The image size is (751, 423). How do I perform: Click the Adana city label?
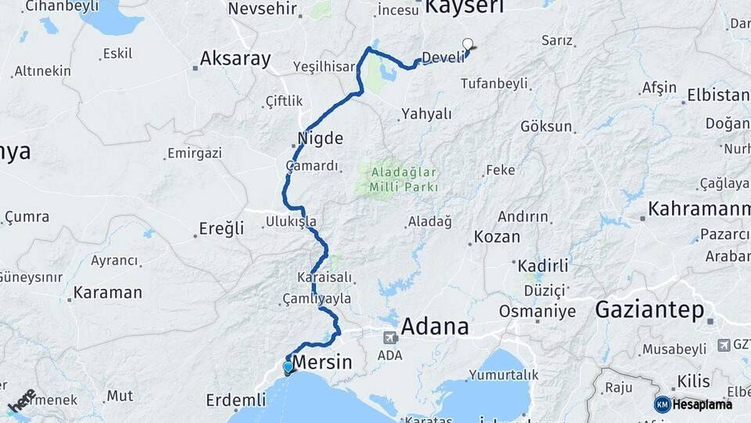435,326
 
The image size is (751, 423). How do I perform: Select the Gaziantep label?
649,309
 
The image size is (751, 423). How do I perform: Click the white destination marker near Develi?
468,45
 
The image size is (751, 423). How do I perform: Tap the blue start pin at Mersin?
288,367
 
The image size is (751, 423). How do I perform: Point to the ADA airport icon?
390,338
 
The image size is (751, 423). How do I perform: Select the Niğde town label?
320,139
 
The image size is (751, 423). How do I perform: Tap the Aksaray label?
235,58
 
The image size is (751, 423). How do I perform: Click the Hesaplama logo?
693,404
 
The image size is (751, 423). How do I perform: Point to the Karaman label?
108,293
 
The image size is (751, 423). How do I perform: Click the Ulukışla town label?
291,220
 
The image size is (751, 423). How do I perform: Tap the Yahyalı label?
426,114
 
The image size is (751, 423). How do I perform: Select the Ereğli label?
221,229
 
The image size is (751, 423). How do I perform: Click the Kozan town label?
497,237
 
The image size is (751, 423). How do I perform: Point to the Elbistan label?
718,96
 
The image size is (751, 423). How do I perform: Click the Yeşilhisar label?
324,67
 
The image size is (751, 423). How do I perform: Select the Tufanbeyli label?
494,83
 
